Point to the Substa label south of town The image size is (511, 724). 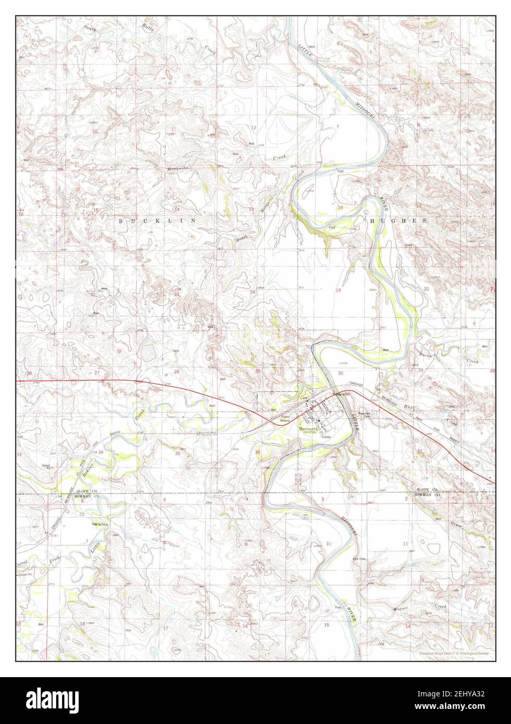tap(327, 436)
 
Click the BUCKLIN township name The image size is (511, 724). tap(157, 221)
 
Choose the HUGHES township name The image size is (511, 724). tap(400, 221)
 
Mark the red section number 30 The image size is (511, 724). tap(340, 373)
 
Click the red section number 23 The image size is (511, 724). tap(177, 294)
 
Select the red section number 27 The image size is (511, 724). tap(97, 373)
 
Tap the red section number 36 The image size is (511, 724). tap(258, 452)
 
